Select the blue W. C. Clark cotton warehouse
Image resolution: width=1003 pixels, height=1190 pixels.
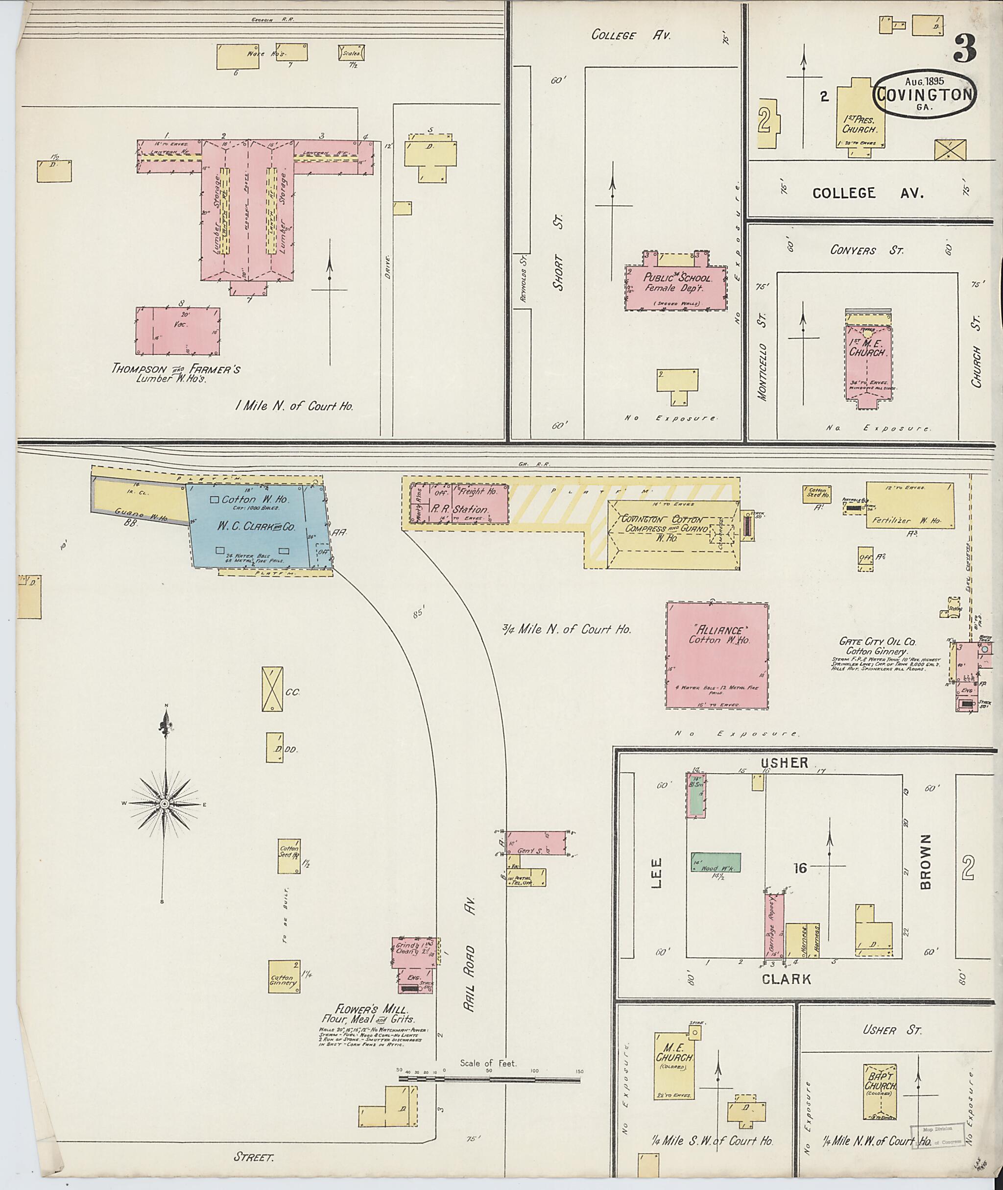259,527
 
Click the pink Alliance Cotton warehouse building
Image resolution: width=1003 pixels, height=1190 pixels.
716,656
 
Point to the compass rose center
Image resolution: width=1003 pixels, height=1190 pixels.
165,804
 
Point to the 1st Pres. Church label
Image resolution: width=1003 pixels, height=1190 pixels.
860,124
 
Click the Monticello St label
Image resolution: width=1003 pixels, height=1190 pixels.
763,356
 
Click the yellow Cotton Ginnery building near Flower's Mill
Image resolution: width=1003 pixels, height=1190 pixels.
284,977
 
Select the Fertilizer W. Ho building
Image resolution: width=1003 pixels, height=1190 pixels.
910,505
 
